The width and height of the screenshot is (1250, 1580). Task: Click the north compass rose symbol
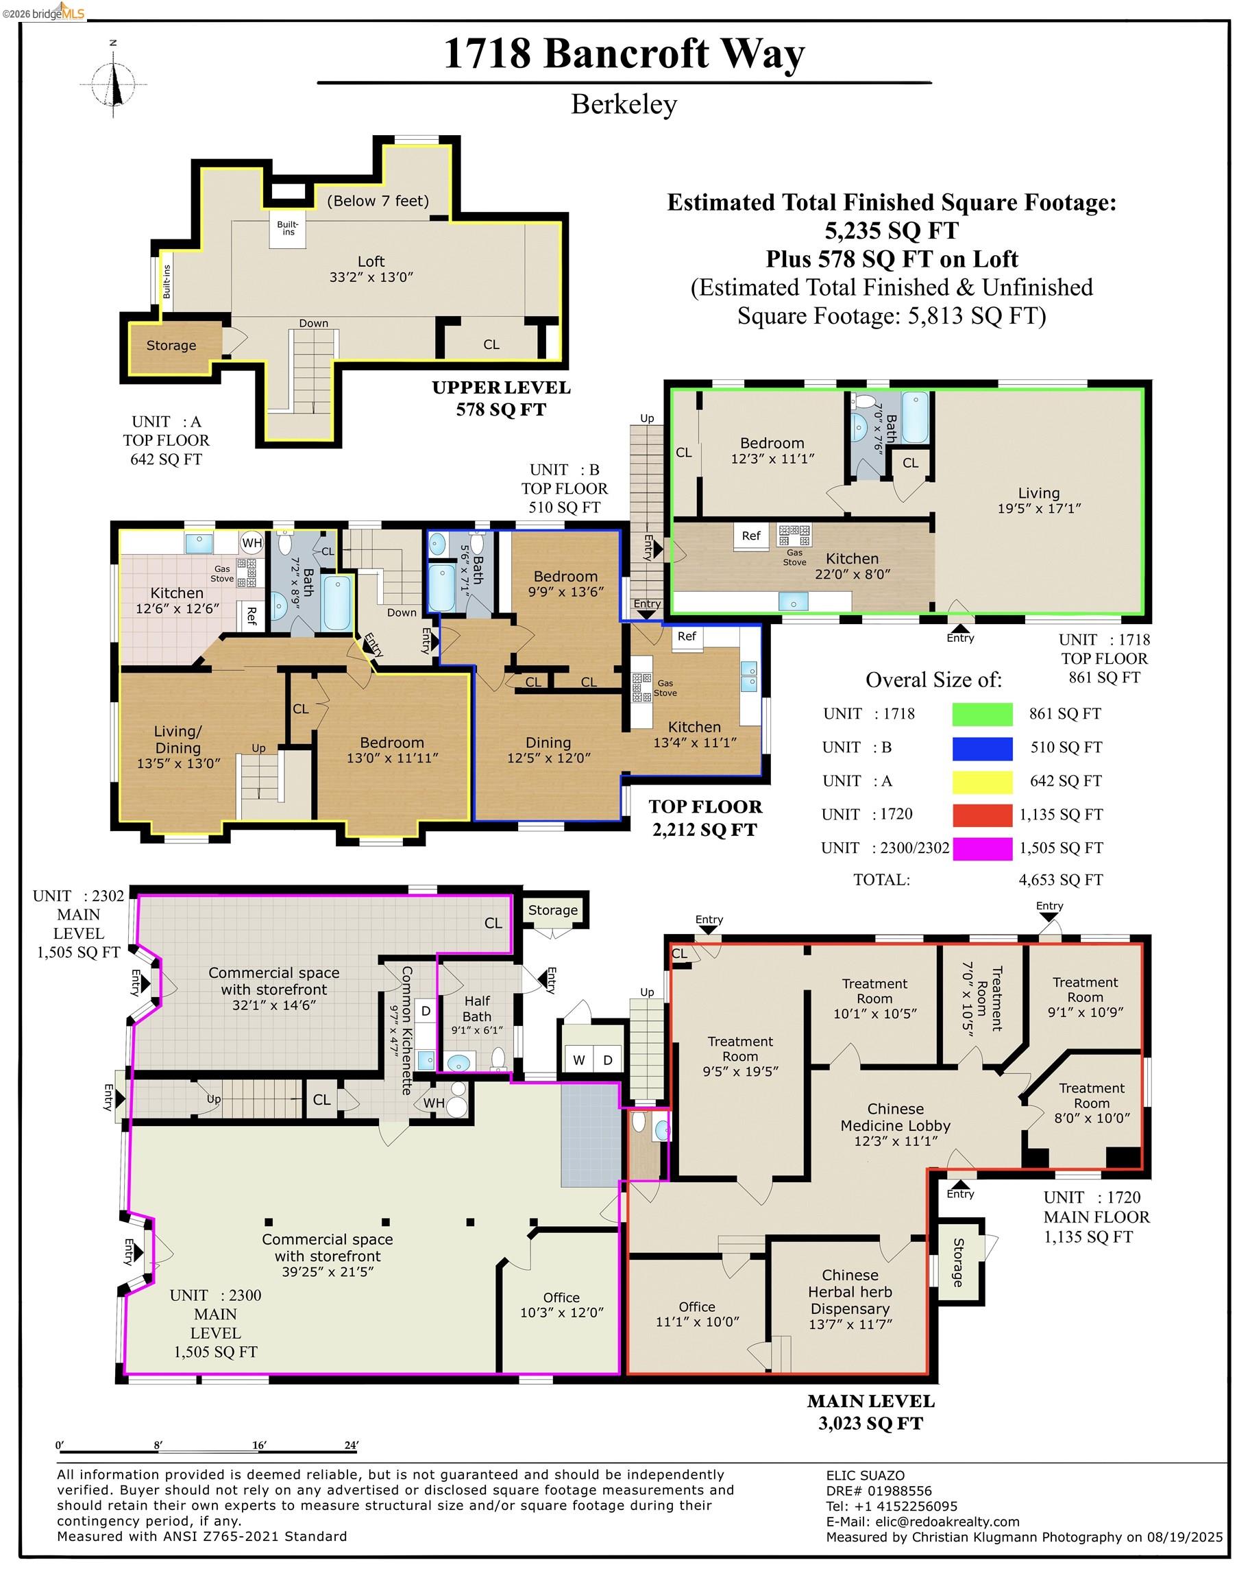click(114, 83)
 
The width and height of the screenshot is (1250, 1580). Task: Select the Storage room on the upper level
click(171, 346)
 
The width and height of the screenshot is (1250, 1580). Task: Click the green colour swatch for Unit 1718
click(982, 714)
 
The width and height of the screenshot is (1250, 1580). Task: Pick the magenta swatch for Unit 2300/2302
click(982, 848)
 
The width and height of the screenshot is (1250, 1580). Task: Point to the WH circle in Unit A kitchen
click(252, 542)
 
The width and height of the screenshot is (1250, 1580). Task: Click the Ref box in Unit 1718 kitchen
click(752, 536)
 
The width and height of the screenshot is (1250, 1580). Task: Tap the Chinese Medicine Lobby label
click(895, 1124)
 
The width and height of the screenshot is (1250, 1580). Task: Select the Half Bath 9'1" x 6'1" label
click(476, 1014)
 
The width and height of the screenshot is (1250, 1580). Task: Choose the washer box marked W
click(579, 1060)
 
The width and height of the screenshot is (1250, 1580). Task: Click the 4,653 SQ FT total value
click(1060, 880)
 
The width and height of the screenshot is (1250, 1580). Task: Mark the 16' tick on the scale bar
click(259, 1446)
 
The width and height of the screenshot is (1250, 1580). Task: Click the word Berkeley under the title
click(624, 104)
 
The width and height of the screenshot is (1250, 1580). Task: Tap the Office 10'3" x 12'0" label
click(561, 1305)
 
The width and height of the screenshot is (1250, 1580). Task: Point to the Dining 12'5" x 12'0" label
click(548, 750)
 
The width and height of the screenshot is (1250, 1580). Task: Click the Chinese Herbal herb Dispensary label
click(850, 1299)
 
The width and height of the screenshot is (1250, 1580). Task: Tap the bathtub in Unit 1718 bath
click(915, 418)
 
